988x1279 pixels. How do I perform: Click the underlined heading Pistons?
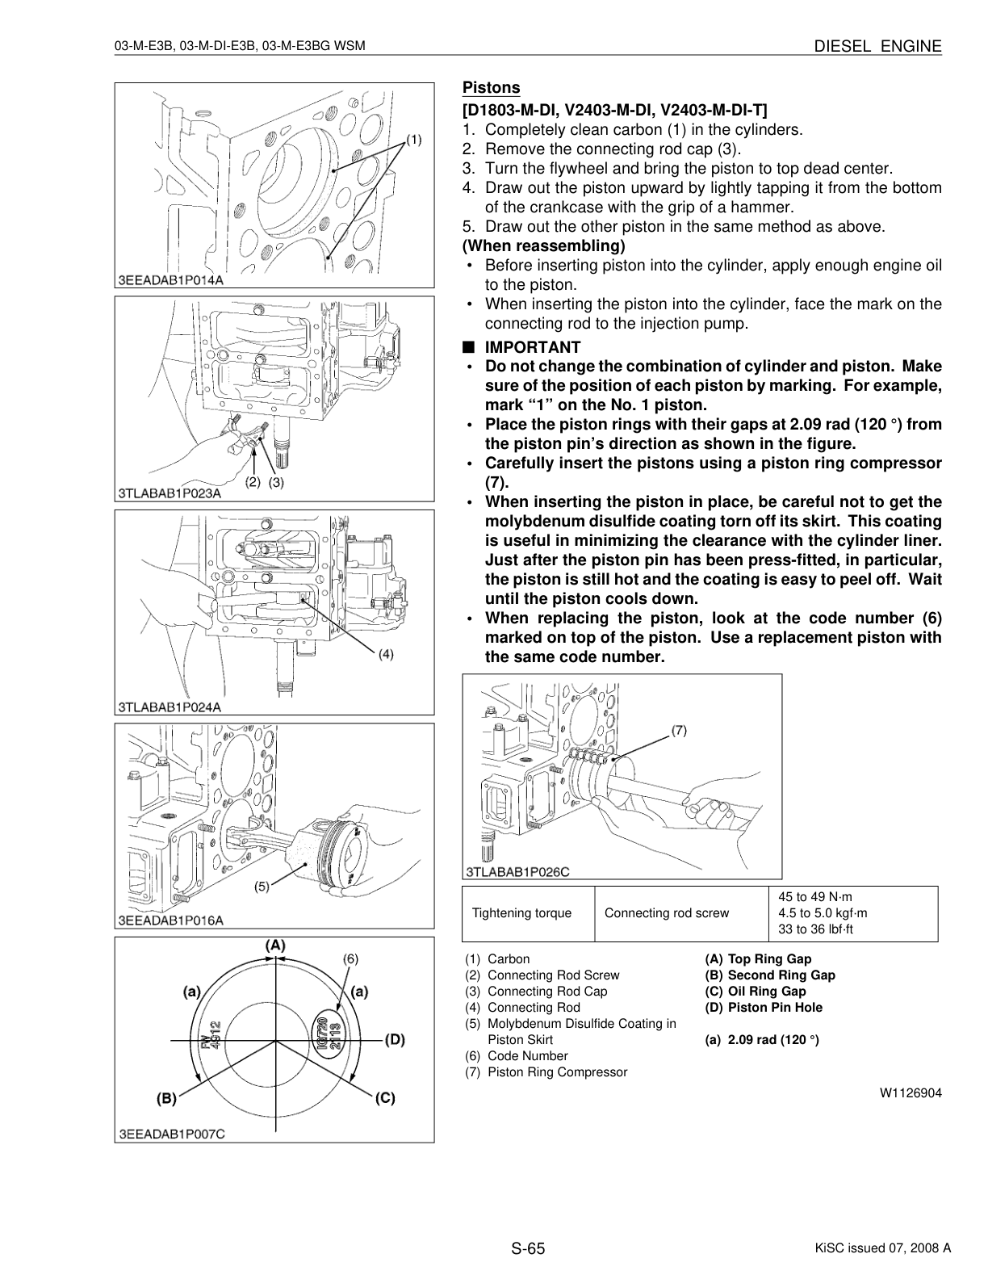pos(492,88)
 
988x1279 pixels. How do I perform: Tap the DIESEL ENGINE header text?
pos(878,47)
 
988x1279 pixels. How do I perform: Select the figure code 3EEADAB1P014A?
pos(170,280)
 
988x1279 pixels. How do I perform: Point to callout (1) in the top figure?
pos(413,140)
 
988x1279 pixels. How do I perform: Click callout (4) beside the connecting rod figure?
pos(386,654)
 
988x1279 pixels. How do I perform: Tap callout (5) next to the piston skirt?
pos(262,887)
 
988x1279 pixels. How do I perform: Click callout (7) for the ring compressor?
pos(679,731)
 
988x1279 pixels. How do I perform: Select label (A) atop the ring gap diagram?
pos(275,946)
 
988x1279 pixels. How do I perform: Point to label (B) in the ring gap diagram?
pos(166,1098)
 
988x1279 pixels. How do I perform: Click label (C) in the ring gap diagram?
pos(385,1098)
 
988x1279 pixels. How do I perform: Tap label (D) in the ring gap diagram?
pos(395,1040)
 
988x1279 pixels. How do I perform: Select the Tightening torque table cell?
pos(521,913)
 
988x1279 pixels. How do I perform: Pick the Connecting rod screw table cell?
pos(667,913)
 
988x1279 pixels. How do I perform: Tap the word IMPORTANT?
pos(533,347)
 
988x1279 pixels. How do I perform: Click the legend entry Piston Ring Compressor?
pos(557,1071)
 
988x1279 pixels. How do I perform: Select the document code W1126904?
pos(911,1093)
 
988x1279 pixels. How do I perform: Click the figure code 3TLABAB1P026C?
pos(518,872)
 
